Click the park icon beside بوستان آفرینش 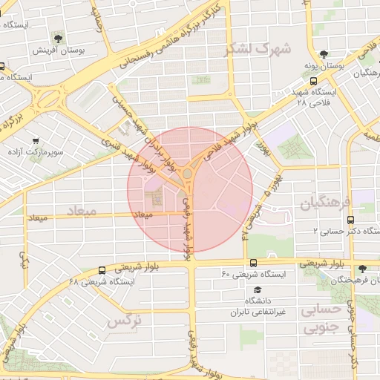point(57,38)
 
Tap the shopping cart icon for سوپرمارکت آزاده point(35,140)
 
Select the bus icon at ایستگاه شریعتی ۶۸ point(102,270)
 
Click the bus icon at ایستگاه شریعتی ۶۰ point(254,263)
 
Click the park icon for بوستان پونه point(324,54)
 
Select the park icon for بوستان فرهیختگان point(361,269)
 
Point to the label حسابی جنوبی point(321,318)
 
